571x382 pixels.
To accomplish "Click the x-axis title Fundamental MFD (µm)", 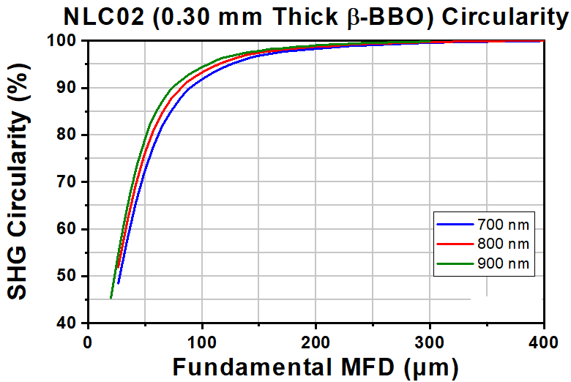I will (x=315, y=365).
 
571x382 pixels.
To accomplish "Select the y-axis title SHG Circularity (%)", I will (x=22, y=181).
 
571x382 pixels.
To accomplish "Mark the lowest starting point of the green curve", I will (x=111, y=298).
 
